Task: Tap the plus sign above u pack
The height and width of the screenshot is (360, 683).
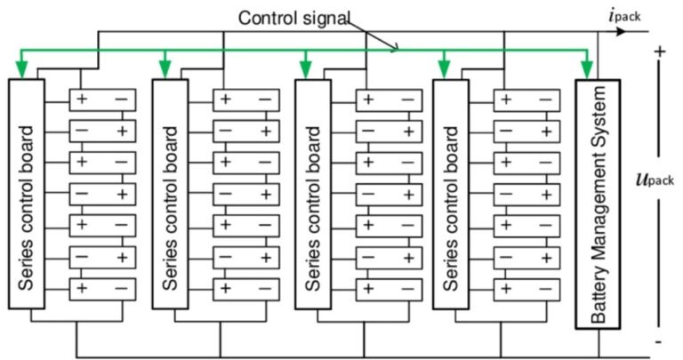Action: (660, 52)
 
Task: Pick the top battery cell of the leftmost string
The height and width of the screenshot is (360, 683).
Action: (102, 99)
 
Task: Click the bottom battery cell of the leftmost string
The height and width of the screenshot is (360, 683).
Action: (102, 289)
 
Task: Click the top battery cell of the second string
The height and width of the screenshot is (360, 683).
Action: (245, 99)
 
